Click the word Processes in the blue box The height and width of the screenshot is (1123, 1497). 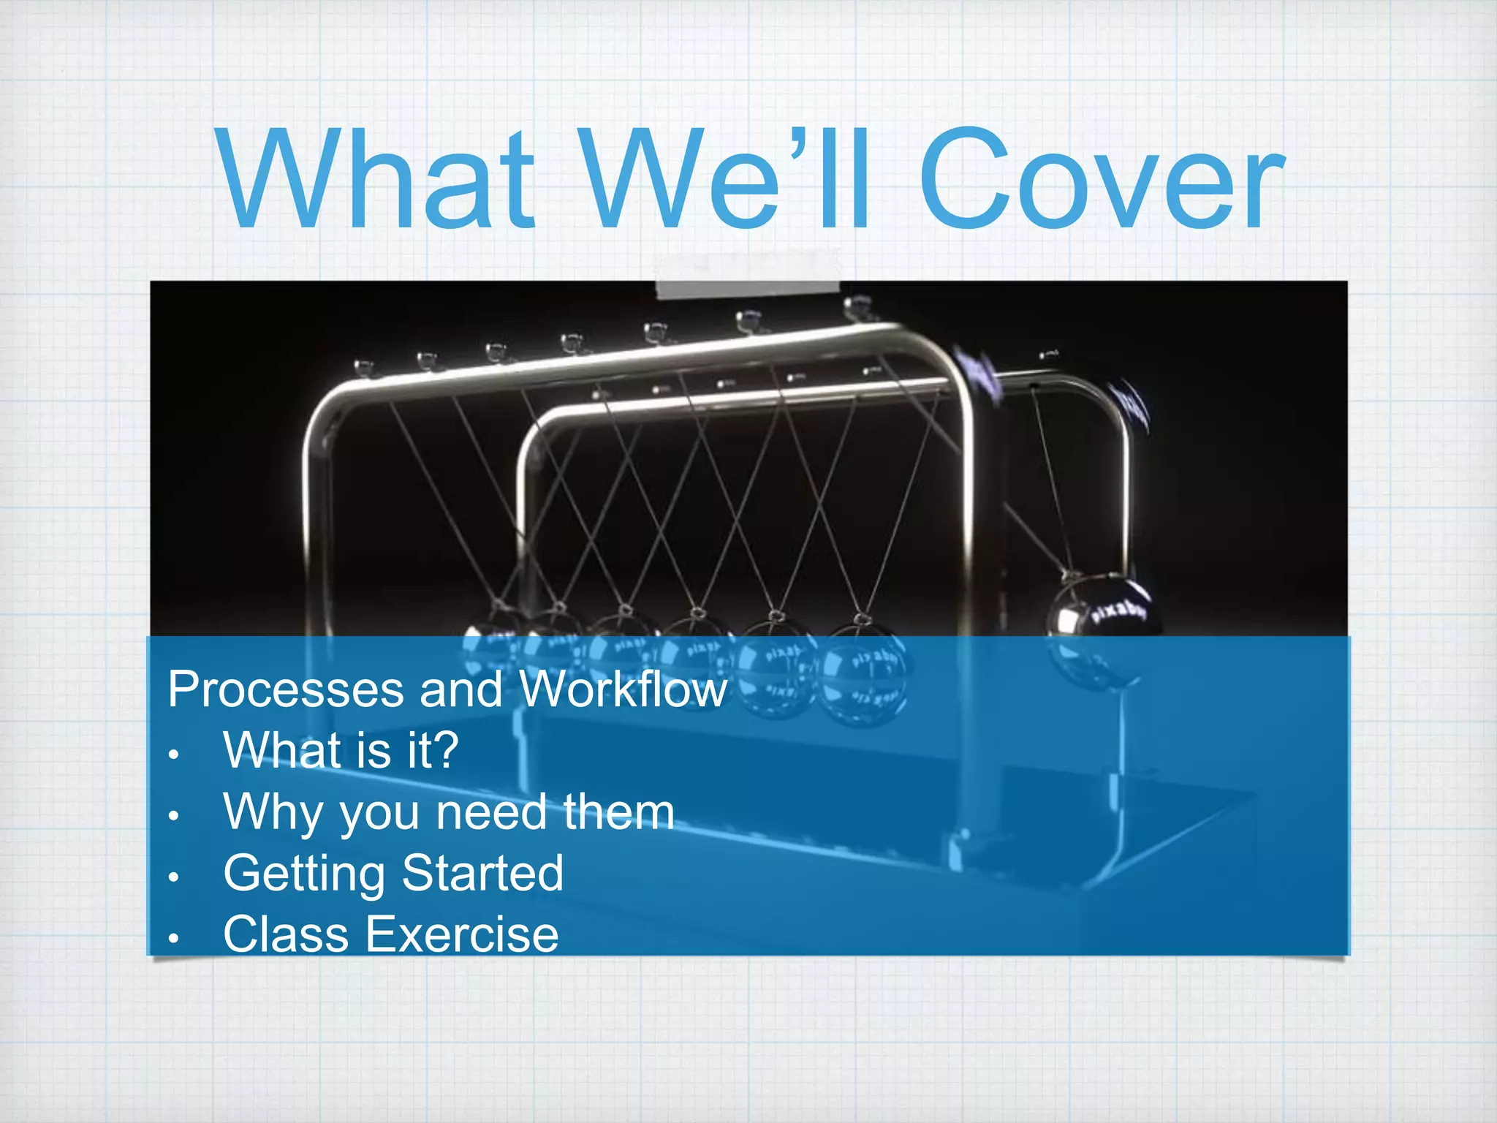[x=284, y=689]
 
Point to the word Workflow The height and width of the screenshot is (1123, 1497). [x=623, y=689]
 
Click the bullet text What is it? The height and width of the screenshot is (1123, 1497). [x=341, y=750]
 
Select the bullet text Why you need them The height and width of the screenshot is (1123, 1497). [x=449, y=812]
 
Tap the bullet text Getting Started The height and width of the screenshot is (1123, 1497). [x=393, y=873]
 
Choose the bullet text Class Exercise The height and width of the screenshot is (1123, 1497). [x=391, y=934]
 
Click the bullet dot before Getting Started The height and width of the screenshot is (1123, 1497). [x=173, y=877]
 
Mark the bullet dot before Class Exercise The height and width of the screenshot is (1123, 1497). [x=173, y=938]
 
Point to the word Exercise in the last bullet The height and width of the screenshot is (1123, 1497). [x=462, y=934]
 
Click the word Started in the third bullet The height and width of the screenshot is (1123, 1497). [x=482, y=873]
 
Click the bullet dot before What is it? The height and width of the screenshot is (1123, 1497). [x=173, y=754]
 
